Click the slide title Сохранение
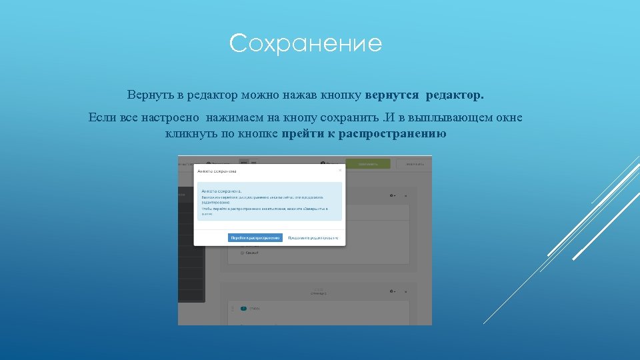coord(305,44)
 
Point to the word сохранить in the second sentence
coord(343,118)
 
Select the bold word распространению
coord(393,133)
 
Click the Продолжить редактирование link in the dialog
coord(313,237)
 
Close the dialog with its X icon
coord(340,170)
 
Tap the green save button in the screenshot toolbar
coord(367,163)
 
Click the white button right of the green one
coord(413,163)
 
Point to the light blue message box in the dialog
coord(269,201)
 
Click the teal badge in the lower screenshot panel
coord(243,309)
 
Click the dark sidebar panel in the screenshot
coord(191,247)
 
